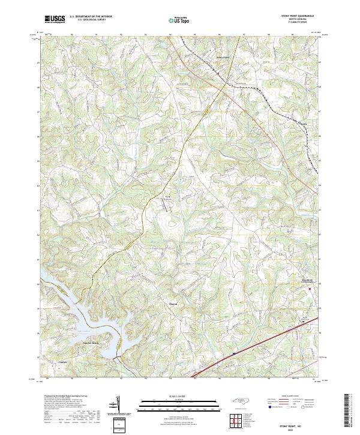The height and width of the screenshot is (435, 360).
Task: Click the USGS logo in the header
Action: pos(55,19)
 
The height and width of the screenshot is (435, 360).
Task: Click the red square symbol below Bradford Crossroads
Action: pos(310,290)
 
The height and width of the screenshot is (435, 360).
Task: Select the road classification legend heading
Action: pos(292,397)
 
